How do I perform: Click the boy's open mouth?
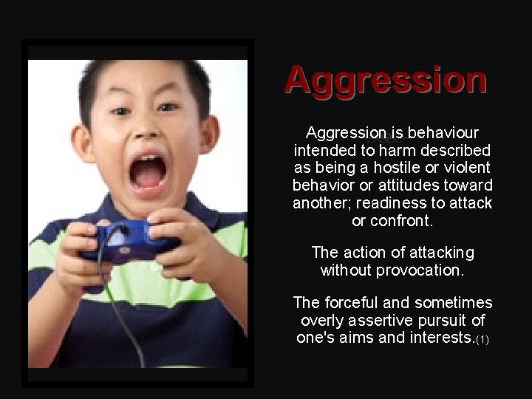[148, 173]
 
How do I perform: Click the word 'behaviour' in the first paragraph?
[442, 134]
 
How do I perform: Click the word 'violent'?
[467, 168]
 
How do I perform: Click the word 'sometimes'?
[454, 304]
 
